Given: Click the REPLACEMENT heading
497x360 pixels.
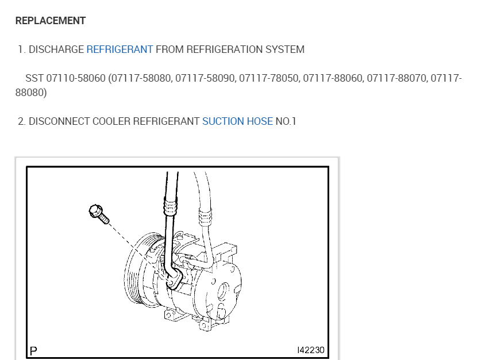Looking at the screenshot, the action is tap(51, 21).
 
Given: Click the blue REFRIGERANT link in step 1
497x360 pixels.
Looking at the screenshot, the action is tap(120, 49).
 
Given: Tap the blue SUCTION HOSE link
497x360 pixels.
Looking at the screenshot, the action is tap(237, 121).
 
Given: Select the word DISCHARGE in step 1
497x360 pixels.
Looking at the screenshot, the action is tap(56, 49).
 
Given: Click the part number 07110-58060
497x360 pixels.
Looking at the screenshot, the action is tap(76, 78).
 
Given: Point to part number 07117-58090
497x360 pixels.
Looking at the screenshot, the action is tap(205, 78).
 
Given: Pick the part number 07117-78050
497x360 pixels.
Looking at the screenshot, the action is tap(269, 78).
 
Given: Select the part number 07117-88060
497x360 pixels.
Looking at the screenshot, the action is tap(333, 78).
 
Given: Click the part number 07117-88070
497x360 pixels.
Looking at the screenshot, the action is tap(397, 78).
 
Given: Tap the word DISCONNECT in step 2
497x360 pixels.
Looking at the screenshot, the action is tap(59, 121).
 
